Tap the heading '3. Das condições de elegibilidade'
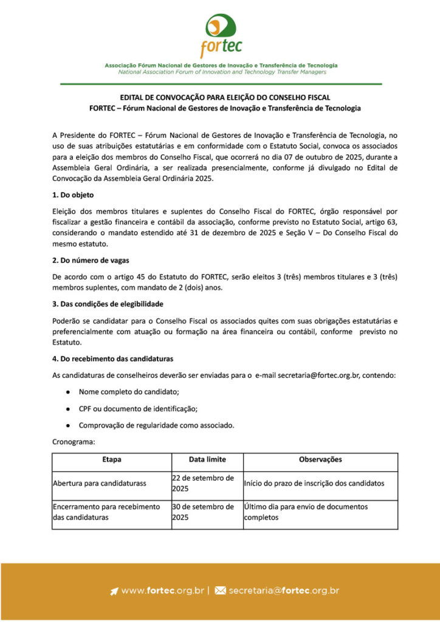click(x=108, y=303)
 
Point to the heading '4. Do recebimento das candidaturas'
click(x=112, y=359)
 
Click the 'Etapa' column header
click(x=112, y=460)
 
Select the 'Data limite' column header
click(x=207, y=460)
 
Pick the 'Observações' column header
click(x=320, y=460)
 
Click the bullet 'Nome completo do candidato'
click(x=129, y=392)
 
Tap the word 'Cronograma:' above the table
click(x=74, y=443)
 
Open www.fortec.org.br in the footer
click(x=162, y=590)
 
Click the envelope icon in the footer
click(x=220, y=590)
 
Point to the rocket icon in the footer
click(x=114, y=590)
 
